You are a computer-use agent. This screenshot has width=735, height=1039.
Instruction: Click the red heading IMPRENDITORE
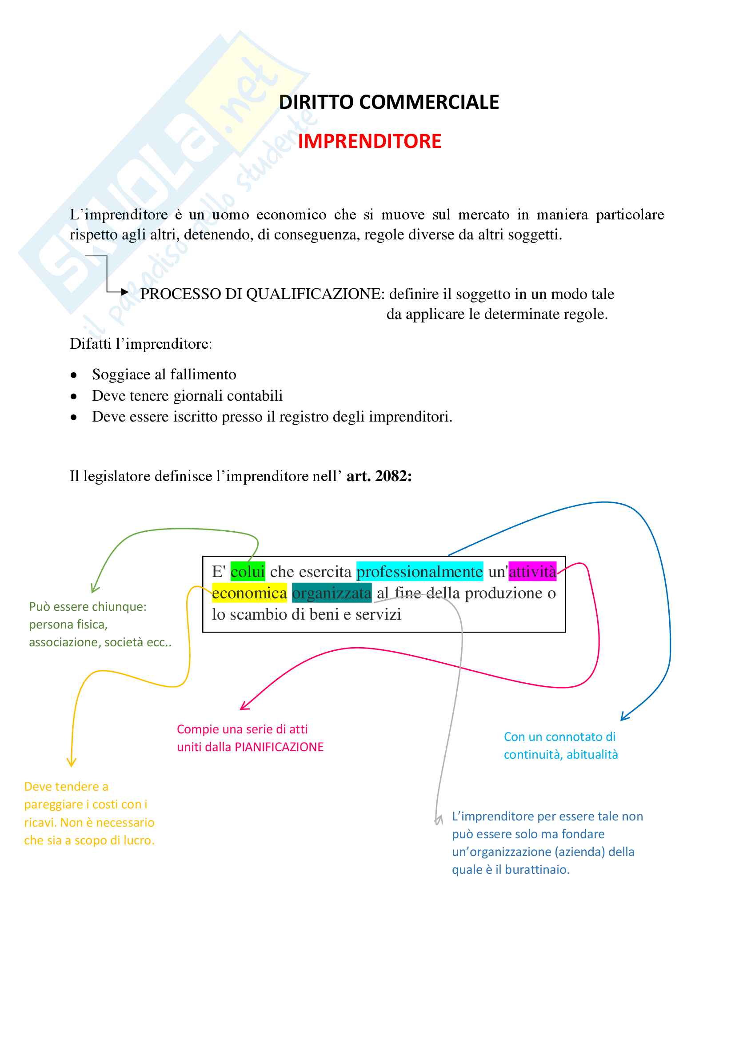(369, 141)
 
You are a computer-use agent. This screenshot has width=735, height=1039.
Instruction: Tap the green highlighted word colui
(248, 572)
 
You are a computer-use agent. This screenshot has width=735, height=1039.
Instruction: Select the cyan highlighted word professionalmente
(419, 572)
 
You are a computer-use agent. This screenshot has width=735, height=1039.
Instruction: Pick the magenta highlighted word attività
(532, 572)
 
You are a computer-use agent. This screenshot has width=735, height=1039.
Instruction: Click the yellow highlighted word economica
(249, 593)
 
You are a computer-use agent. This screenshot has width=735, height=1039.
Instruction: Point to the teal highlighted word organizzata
(332, 593)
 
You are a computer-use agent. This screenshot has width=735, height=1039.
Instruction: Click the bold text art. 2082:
(379, 476)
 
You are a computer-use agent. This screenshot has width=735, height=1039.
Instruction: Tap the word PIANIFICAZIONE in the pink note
(279, 747)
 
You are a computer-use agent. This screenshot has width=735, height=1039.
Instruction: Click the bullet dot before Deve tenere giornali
(74, 397)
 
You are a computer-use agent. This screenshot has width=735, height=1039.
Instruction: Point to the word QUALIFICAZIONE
(315, 294)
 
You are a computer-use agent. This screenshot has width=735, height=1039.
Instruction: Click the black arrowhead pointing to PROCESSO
(125, 292)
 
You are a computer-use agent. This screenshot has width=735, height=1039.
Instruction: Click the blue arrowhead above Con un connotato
(624, 718)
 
